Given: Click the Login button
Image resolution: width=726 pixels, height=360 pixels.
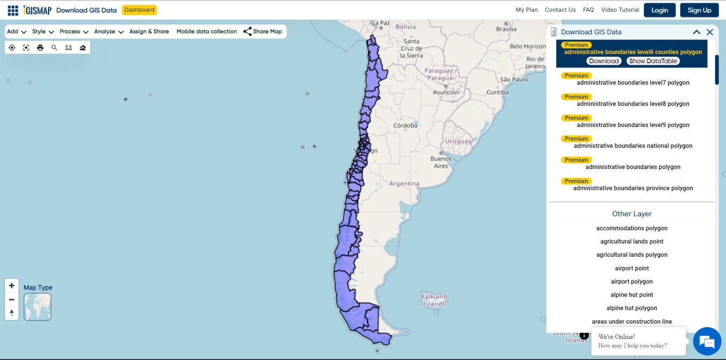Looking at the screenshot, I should point(660,10).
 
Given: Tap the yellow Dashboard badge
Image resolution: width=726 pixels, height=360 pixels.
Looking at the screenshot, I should point(139,10).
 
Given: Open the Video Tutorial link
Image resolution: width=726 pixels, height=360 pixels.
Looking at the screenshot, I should point(620,10).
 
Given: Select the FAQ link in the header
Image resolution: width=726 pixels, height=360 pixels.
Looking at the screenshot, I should point(588,10).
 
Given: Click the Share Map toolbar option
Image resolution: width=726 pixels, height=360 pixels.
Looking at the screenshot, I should point(263,31).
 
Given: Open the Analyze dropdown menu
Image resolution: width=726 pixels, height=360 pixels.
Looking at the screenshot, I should point(109,31).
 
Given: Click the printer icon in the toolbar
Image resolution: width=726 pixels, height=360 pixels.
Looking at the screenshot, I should point(40,48).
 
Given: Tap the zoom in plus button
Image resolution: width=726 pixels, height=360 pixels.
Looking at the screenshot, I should point(11,285).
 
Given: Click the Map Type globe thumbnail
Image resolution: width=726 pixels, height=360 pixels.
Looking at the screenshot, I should point(37,306).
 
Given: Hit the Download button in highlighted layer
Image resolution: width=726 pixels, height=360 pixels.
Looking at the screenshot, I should point(603,61).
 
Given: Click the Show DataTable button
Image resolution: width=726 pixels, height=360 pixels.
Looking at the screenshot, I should point(653,61).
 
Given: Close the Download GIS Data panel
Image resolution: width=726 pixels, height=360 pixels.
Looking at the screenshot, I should point(710,32).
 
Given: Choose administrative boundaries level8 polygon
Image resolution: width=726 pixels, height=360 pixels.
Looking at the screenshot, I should point(633,104).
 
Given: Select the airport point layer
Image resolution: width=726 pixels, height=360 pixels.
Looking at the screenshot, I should point(631,268).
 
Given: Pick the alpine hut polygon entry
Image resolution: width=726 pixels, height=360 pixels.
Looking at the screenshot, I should point(631,308).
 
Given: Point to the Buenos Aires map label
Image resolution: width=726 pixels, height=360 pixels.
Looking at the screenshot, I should point(441,162).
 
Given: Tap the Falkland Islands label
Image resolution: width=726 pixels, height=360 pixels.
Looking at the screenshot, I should point(434,300).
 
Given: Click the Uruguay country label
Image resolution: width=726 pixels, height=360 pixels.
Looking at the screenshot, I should point(458,141).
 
